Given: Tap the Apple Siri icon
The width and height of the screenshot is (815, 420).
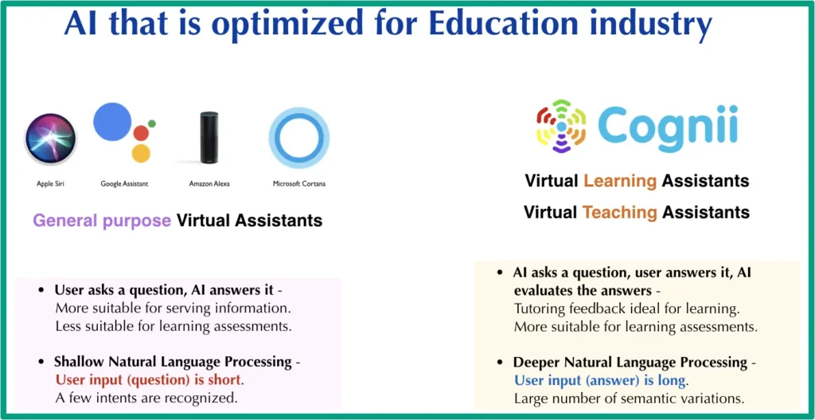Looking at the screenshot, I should point(50,139).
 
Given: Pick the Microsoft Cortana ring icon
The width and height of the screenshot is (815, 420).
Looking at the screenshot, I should point(298,138).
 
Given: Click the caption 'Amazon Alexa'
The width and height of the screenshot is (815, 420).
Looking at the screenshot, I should point(209,184).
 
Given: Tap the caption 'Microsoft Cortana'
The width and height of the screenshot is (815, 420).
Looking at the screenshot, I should point(299,184).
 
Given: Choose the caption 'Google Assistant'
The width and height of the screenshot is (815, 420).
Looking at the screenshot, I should point(124,184).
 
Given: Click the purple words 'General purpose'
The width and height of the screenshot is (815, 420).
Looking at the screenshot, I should point(102,221).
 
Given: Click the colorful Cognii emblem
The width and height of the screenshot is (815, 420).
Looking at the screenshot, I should point(561,126).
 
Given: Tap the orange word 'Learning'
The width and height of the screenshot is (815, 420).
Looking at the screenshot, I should point(620,181).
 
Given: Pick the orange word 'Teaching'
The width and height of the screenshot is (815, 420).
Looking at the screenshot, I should point(620,213).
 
